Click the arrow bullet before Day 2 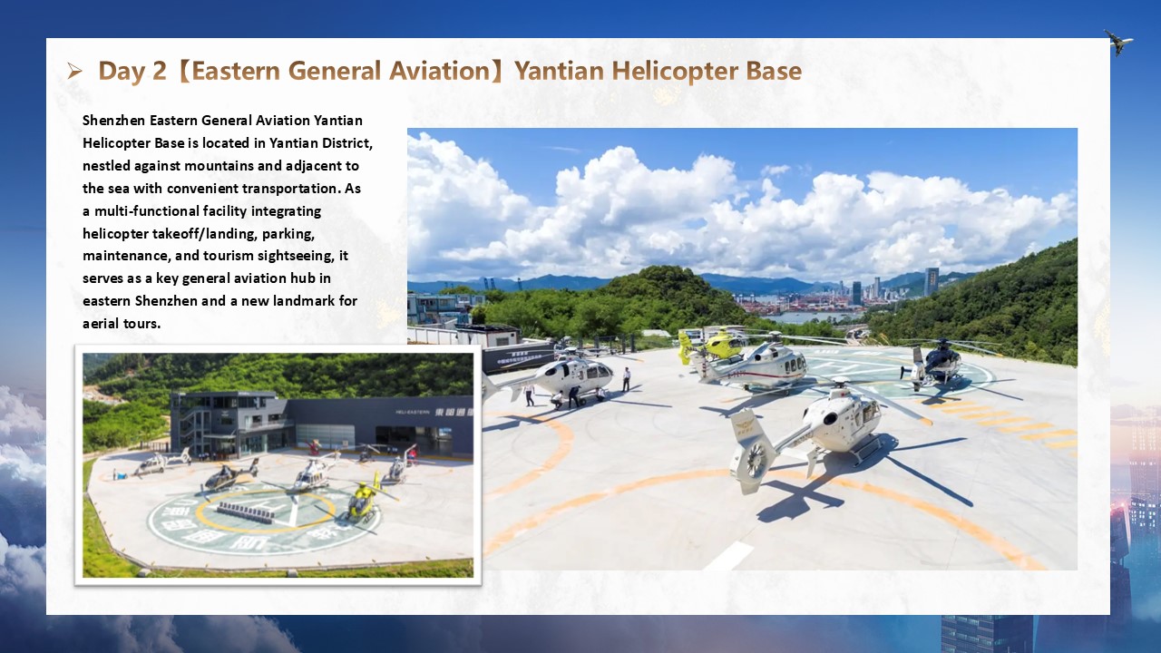click(x=74, y=71)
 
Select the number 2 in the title click(x=159, y=71)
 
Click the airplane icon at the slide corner click(x=1118, y=42)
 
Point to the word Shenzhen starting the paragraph click(x=113, y=121)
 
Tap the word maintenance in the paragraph click(x=126, y=256)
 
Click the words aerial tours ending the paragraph click(x=122, y=324)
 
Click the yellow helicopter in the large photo click(x=713, y=344)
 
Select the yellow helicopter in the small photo click(x=363, y=499)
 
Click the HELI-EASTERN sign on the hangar click(x=413, y=412)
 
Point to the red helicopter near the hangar click(x=314, y=447)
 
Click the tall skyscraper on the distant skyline click(x=932, y=282)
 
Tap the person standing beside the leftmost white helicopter click(x=627, y=379)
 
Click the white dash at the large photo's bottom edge click(x=729, y=557)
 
